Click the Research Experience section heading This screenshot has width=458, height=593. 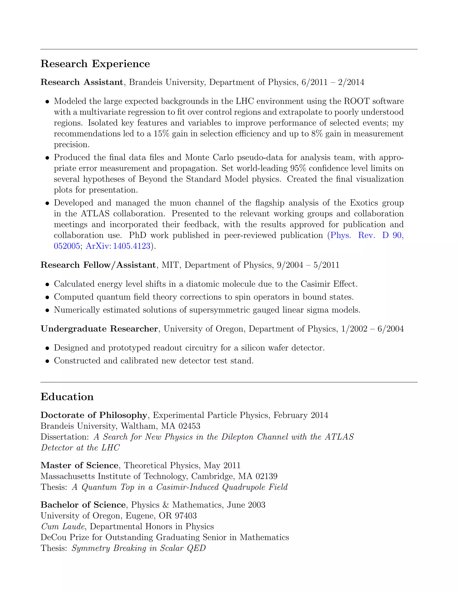[95, 64]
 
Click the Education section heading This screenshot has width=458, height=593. [67, 397]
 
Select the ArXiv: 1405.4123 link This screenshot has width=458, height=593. [118, 246]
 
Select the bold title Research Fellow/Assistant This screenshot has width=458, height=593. [98, 265]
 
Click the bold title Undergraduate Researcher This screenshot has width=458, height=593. [99, 329]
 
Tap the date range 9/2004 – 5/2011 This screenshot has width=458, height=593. [308, 265]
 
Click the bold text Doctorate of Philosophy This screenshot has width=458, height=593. [94, 415]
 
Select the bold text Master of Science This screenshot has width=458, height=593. [79, 465]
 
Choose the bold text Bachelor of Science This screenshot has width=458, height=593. [83, 505]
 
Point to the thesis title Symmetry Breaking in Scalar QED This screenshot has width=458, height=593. [138, 548]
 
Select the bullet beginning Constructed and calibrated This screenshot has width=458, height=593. [154, 360]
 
